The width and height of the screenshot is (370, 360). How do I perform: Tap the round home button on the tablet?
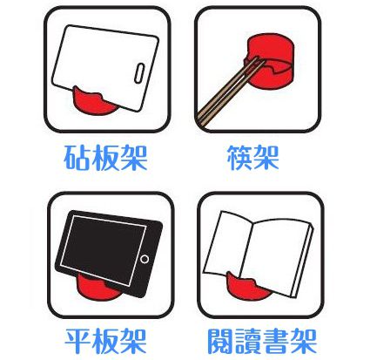click(x=146, y=261)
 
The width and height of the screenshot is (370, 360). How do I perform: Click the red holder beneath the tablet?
click(x=96, y=287)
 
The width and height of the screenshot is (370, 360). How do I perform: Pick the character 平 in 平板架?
click(x=80, y=339)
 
